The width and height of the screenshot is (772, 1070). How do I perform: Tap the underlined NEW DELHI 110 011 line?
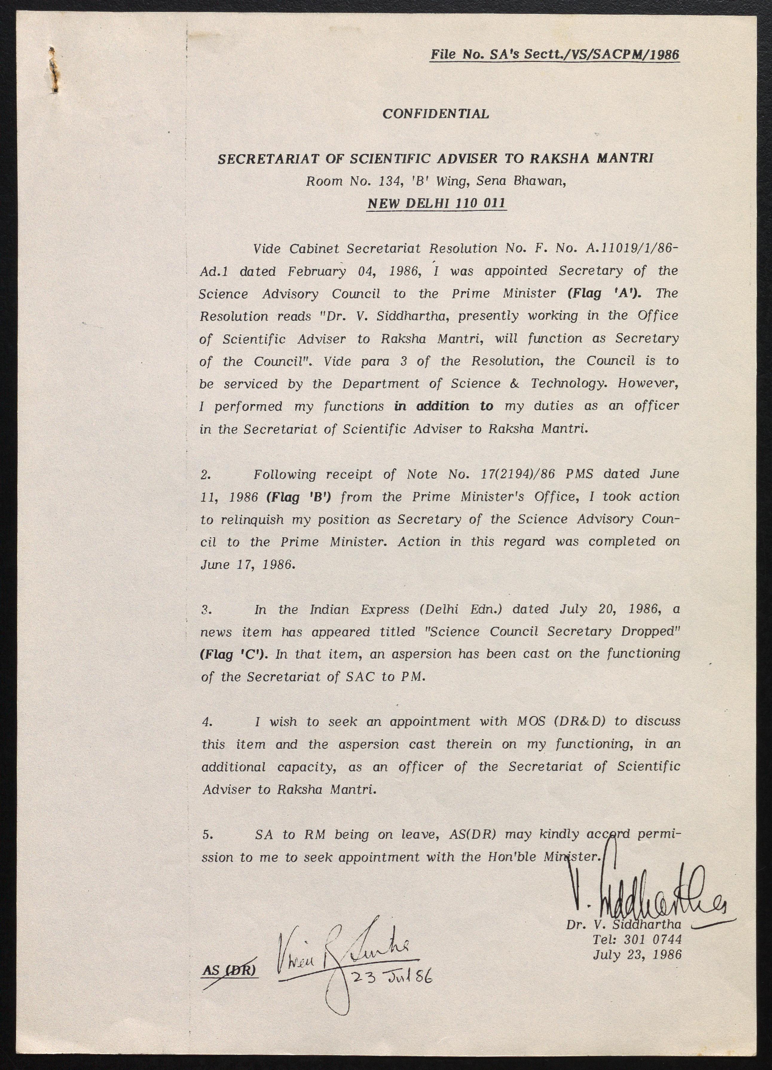pyautogui.click(x=436, y=203)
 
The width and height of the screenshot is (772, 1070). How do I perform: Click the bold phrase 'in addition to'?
pyautogui.click(x=443, y=406)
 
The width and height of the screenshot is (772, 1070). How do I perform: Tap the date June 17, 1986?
pyautogui.click(x=247, y=565)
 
